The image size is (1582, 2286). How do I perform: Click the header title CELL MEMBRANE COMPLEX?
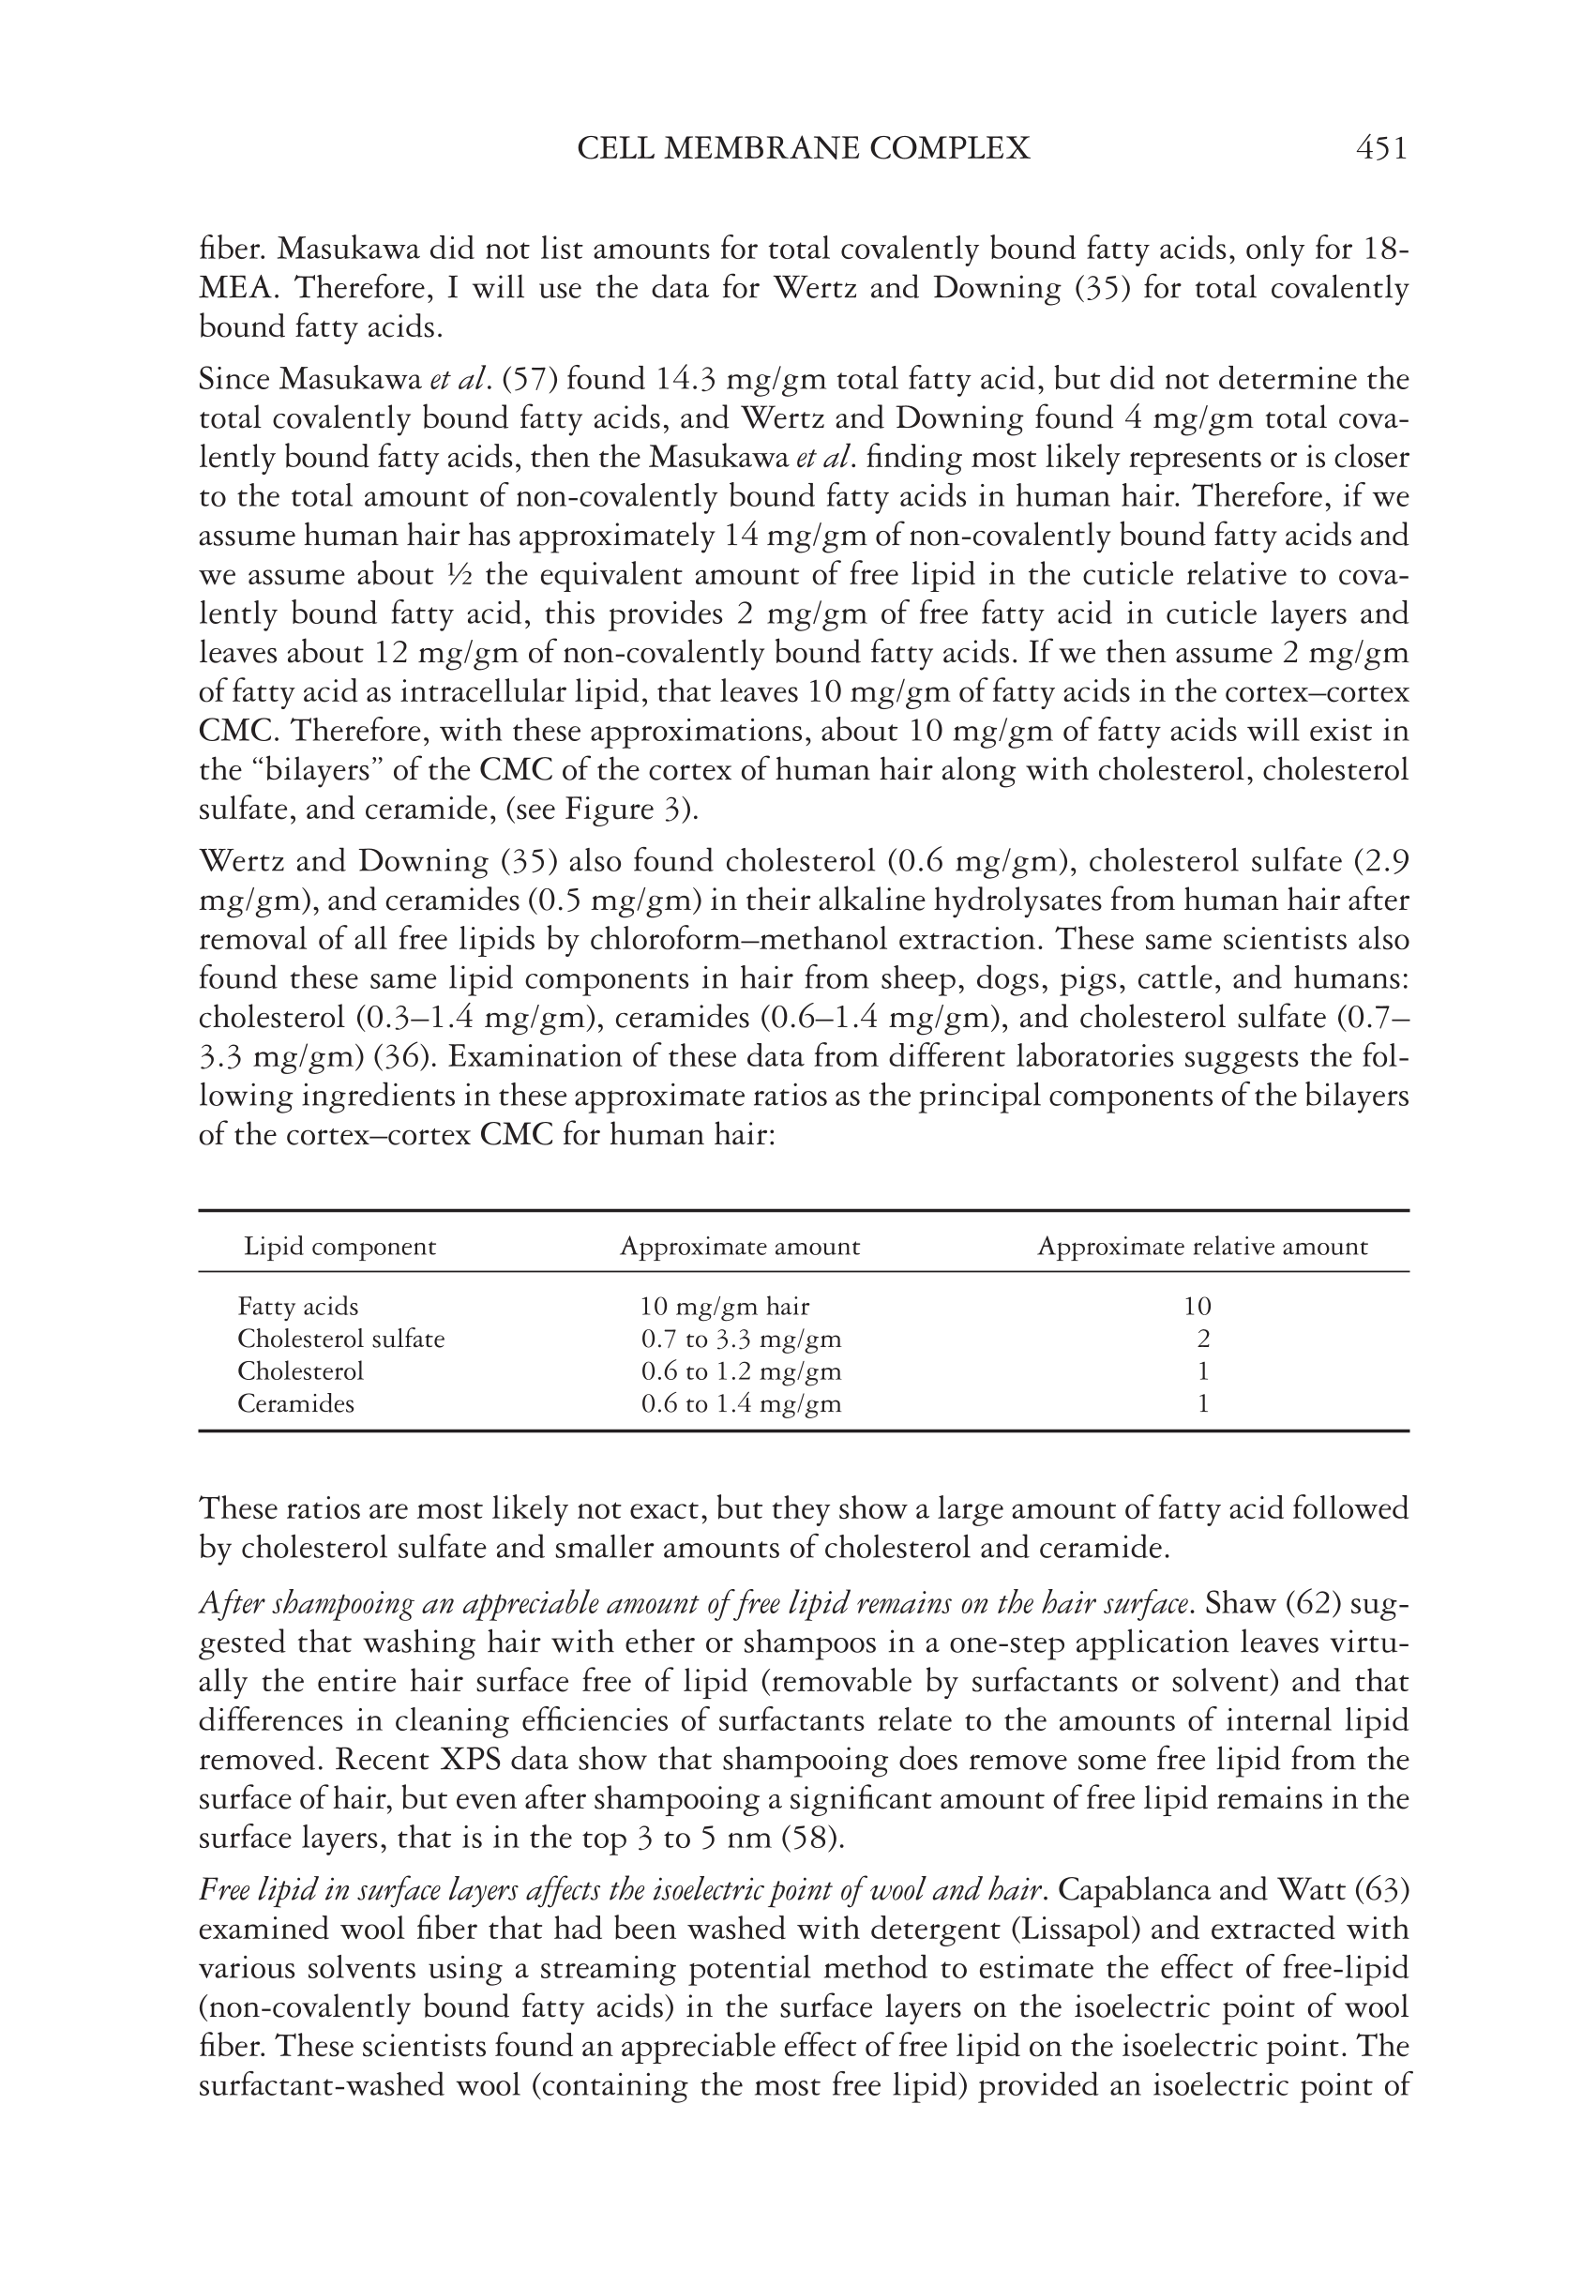click(803, 149)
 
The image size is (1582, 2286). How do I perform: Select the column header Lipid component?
click(340, 1246)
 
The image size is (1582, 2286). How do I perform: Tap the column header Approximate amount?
click(740, 1246)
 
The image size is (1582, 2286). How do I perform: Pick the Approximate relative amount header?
click(1201, 1246)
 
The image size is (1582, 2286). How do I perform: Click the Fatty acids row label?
click(297, 1307)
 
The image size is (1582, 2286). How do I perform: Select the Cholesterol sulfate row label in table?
click(341, 1340)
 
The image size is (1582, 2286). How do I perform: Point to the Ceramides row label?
click(295, 1403)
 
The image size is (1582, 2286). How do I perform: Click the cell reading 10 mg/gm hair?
click(725, 1307)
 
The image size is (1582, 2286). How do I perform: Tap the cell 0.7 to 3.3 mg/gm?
click(741, 1340)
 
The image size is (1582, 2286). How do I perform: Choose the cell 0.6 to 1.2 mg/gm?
click(741, 1371)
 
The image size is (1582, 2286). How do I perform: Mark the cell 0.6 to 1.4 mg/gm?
click(741, 1403)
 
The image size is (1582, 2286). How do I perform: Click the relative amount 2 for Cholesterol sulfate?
click(1203, 1340)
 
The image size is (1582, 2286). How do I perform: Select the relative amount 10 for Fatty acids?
click(1198, 1307)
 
